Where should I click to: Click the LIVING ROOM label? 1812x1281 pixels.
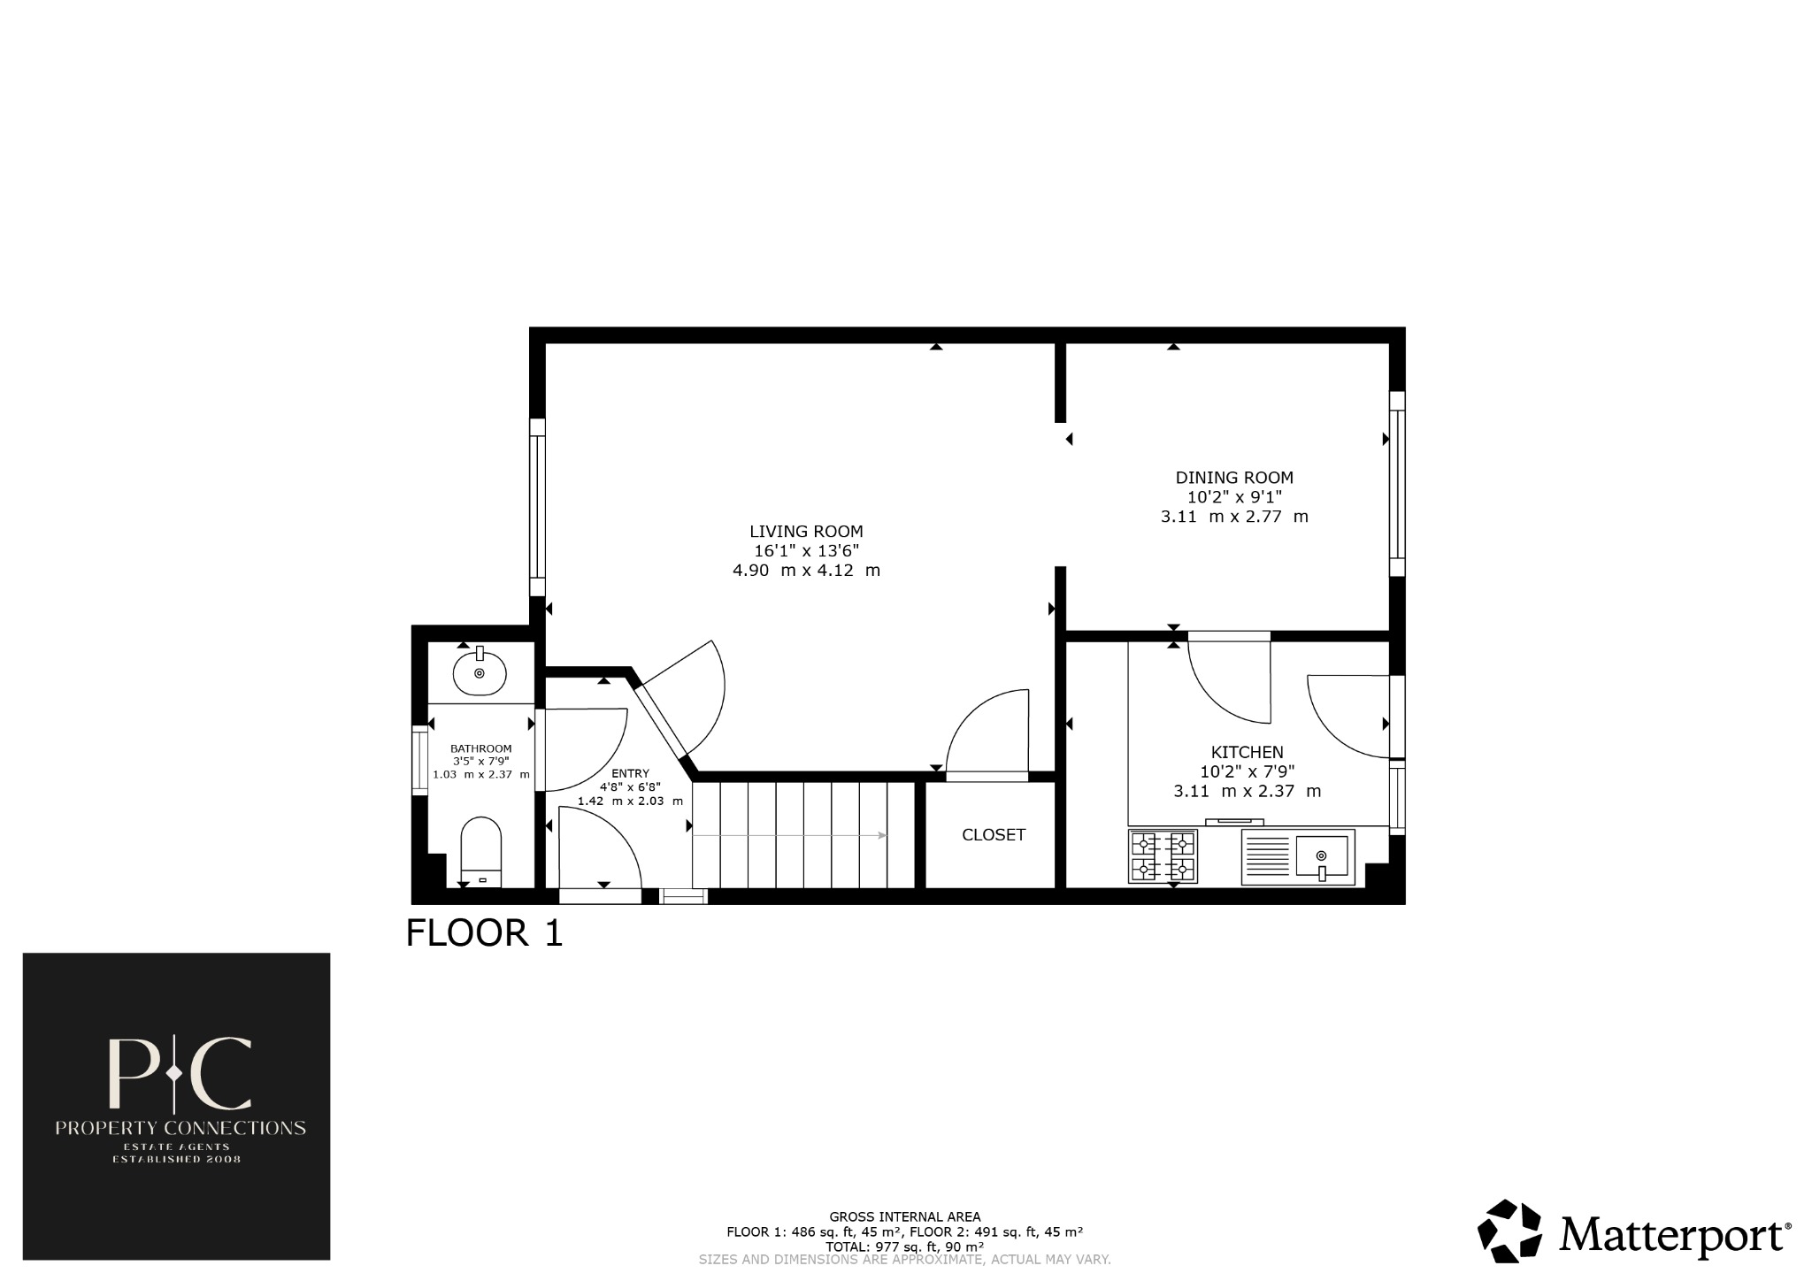[x=806, y=532]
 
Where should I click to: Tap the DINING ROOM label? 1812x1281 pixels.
[x=1233, y=478]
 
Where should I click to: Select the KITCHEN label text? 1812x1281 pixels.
[x=1247, y=752]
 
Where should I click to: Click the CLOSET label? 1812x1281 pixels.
[x=994, y=835]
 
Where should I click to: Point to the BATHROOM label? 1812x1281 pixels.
[x=480, y=748]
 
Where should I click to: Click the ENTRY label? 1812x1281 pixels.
[x=630, y=773]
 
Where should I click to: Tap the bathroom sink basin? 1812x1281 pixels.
[x=480, y=674]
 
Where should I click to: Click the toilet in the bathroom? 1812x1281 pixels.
[x=481, y=851]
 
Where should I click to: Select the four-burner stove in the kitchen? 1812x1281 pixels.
[x=1163, y=856]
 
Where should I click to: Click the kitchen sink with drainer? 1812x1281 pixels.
[x=1298, y=856]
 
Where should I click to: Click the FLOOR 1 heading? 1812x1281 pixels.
[x=484, y=934]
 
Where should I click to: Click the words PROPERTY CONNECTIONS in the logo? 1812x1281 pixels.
[x=180, y=1128]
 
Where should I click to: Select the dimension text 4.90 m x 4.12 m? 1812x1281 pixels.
[x=806, y=571]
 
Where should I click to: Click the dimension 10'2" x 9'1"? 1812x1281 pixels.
[x=1233, y=497]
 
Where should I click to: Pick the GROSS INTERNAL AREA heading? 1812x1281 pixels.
[x=904, y=1217]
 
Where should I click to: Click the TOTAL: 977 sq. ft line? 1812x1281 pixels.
[x=904, y=1246]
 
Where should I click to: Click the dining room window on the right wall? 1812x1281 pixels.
[x=1396, y=484]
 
